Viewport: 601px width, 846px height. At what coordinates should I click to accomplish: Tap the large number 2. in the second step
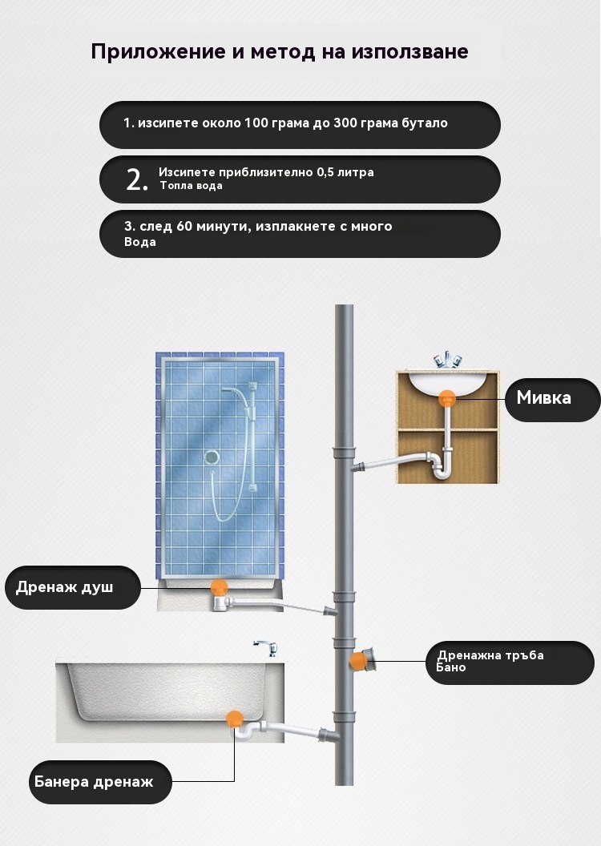[x=137, y=179]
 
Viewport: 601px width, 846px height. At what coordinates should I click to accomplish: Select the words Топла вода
[x=191, y=186]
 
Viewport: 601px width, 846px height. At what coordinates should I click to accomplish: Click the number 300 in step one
[x=346, y=123]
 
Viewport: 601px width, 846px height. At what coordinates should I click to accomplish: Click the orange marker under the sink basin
[x=446, y=399]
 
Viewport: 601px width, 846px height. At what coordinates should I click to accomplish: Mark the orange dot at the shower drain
[x=219, y=587]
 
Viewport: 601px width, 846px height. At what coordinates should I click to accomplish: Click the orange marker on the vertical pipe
[x=357, y=660]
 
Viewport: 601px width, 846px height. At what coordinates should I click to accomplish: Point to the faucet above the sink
[x=448, y=360]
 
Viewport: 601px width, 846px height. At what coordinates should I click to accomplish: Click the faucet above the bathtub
[x=266, y=647]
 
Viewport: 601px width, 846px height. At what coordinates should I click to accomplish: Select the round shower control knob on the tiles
[x=212, y=457]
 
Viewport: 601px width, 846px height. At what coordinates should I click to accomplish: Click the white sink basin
[x=447, y=382]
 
